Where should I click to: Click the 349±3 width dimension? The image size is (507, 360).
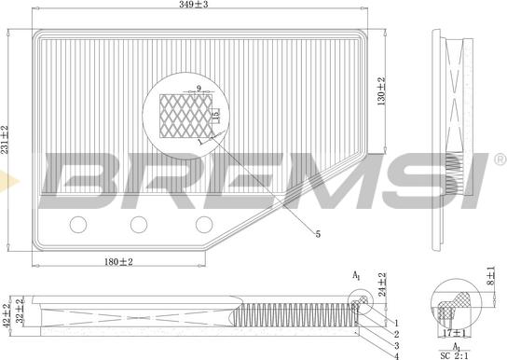click(x=193, y=5)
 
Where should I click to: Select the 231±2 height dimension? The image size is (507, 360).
click(x=5, y=140)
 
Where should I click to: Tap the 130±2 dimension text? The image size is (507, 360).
click(x=381, y=90)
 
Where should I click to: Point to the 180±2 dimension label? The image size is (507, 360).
click(x=118, y=262)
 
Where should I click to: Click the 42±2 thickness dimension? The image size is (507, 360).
click(x=7, y=315)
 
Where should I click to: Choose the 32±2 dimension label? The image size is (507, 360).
click(x=21, y=312)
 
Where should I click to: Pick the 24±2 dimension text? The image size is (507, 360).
click(x=382, y=284)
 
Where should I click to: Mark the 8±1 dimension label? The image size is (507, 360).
click(x=491, y=276)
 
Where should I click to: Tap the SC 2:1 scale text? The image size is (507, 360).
click(x=454, y=355)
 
